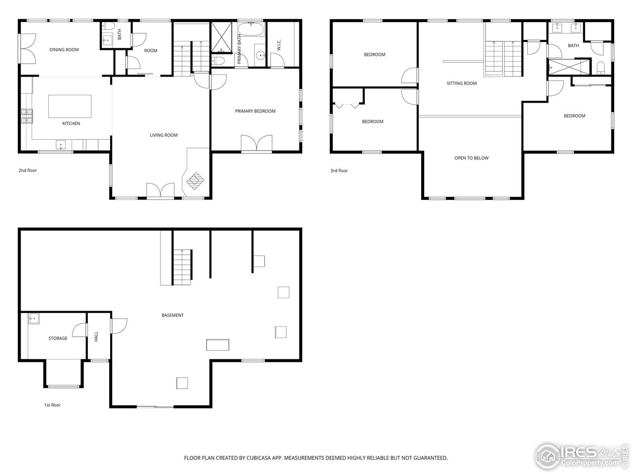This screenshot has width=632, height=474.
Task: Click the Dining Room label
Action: pos(64,49)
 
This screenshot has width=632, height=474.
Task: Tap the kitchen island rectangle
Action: pos(70,106)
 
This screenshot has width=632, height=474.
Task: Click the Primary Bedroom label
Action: pos(255,111)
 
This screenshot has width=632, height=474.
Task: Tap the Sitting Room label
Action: pos(462,83)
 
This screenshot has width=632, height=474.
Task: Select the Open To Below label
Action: pos(471,158)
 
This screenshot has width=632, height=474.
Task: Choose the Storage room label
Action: pos(58,338)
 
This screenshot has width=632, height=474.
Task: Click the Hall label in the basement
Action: pos(96,337)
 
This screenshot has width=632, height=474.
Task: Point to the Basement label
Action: pos(172,315)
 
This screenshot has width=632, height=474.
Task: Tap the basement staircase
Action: pos(182,267)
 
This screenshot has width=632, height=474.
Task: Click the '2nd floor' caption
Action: pos(28,170)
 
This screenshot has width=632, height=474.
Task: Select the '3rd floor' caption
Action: pos(339,171)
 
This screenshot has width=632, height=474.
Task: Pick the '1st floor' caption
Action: pos(52,405)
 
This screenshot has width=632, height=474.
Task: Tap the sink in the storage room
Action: pos(34,318)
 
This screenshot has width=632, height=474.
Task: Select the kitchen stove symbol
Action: pos(26,117)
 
